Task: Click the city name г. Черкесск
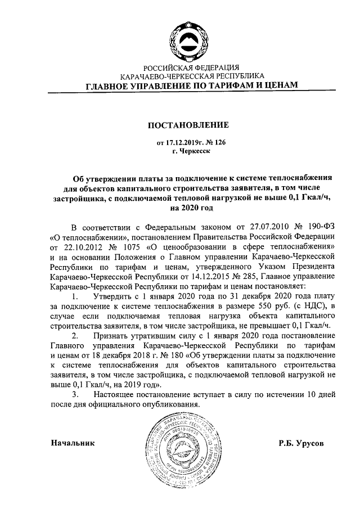pyautogui.click(x=191, y=152)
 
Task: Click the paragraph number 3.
pyautogui.click(x=75, y=395)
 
